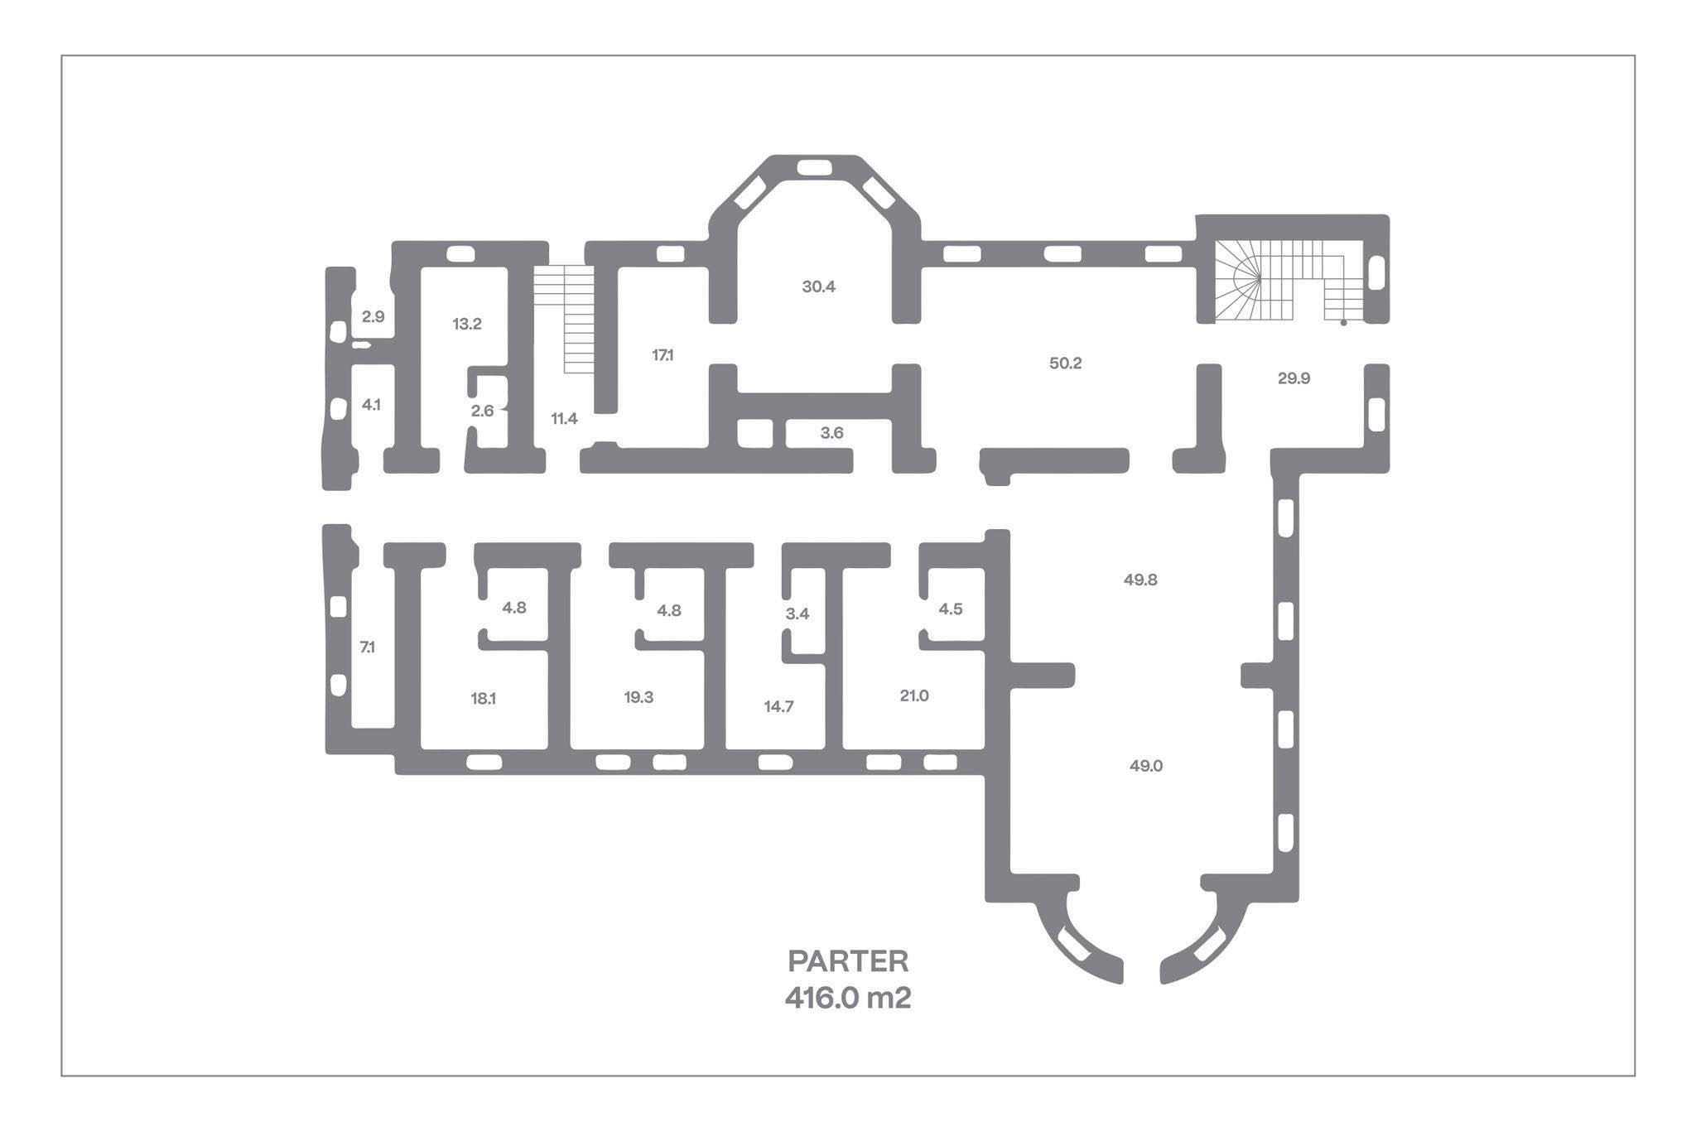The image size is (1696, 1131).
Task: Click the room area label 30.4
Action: pos(818,287)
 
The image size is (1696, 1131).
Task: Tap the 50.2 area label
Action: pos(1065,363)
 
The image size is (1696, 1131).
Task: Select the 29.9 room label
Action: pos(1294,378)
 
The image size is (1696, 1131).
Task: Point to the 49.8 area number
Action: pos(1140,580)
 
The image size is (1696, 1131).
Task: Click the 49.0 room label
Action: pos(1146,767)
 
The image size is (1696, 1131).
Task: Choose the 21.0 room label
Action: pos(914,696)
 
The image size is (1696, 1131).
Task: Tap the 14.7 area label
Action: pos(778,707)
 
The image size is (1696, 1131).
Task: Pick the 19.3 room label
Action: pos(638,698)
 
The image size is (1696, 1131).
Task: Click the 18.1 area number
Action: pos(483,699)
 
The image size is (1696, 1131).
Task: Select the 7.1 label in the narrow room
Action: pos(367,647)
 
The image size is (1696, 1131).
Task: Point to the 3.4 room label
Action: pos(797,614)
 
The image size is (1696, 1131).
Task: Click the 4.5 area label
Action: pos(951,609)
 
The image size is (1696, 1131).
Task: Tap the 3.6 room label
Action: pos(831,433)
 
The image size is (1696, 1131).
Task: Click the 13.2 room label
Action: pos(467,325)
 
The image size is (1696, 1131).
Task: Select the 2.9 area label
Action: pos(373,316)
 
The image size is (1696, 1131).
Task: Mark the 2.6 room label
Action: pos(482,411)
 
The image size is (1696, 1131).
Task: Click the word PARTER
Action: pos(848,962)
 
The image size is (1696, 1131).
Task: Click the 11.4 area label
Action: pos(564,419)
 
